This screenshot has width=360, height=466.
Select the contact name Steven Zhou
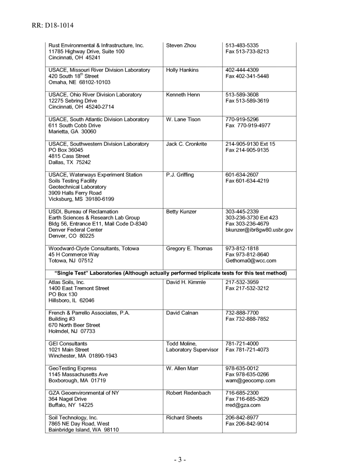click(181, 45)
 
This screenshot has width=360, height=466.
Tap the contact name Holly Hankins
click(182, 70)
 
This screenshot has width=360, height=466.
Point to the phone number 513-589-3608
click(242, 95)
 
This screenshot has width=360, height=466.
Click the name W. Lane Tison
click(183, 119)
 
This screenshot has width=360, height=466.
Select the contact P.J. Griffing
click(180, 175)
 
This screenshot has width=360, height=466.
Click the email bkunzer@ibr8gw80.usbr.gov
click(259, 230)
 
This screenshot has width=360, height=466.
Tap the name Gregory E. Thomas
click(189, 249)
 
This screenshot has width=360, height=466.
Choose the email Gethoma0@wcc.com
click(250, 261)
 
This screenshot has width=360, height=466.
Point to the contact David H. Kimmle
click(186, 282)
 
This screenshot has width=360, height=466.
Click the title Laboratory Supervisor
click(192, 350)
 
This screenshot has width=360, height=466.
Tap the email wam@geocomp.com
click(250, 380)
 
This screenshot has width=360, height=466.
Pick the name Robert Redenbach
click(188, 393)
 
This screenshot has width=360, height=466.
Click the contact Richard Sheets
click(184, 418)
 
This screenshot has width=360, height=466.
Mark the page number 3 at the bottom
click(180, 460)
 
